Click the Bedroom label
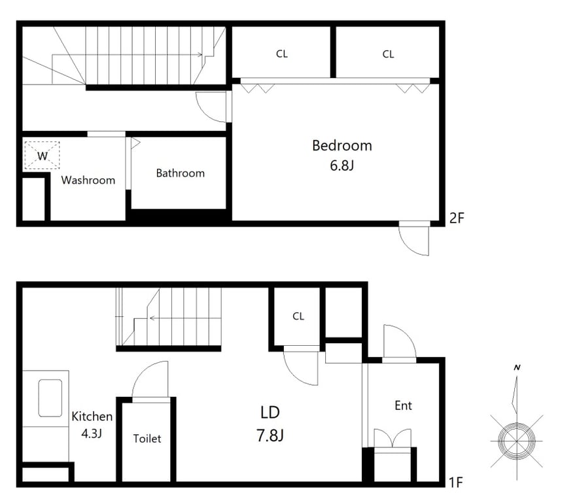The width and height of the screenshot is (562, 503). click(x=342, y=145)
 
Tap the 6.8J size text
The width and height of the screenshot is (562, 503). click(x=342, y=166)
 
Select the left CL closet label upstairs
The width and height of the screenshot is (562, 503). click(x=282, y=54)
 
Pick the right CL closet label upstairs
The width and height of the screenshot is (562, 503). click(x=388, y=54)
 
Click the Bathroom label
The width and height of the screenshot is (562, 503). click(x=181, y=174)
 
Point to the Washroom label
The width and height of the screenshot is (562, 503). click(x=88, y=180)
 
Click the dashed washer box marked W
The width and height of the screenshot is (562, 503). click(x=42, y=155)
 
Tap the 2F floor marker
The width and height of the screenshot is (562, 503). click(x=457, y=218)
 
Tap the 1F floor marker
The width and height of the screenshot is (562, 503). click(x=456, y=483)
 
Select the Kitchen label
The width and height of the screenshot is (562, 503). click(x=92, y=417)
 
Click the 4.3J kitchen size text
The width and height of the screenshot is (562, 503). click(x=92, y=434)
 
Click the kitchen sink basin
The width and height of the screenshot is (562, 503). click(x=50, y=398)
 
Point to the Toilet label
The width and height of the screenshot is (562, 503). click(x=147, y=438)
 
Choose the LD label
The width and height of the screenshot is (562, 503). click(x=270, y=413)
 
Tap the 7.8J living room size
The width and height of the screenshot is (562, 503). click(x=270, y=436)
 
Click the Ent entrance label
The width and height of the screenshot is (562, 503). click(x=403, y=406)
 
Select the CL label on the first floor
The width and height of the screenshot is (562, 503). click(x=298, y=316)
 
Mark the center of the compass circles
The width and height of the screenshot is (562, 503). click(x=517, y=441)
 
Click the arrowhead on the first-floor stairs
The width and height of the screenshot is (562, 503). click(x=152, y=318)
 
